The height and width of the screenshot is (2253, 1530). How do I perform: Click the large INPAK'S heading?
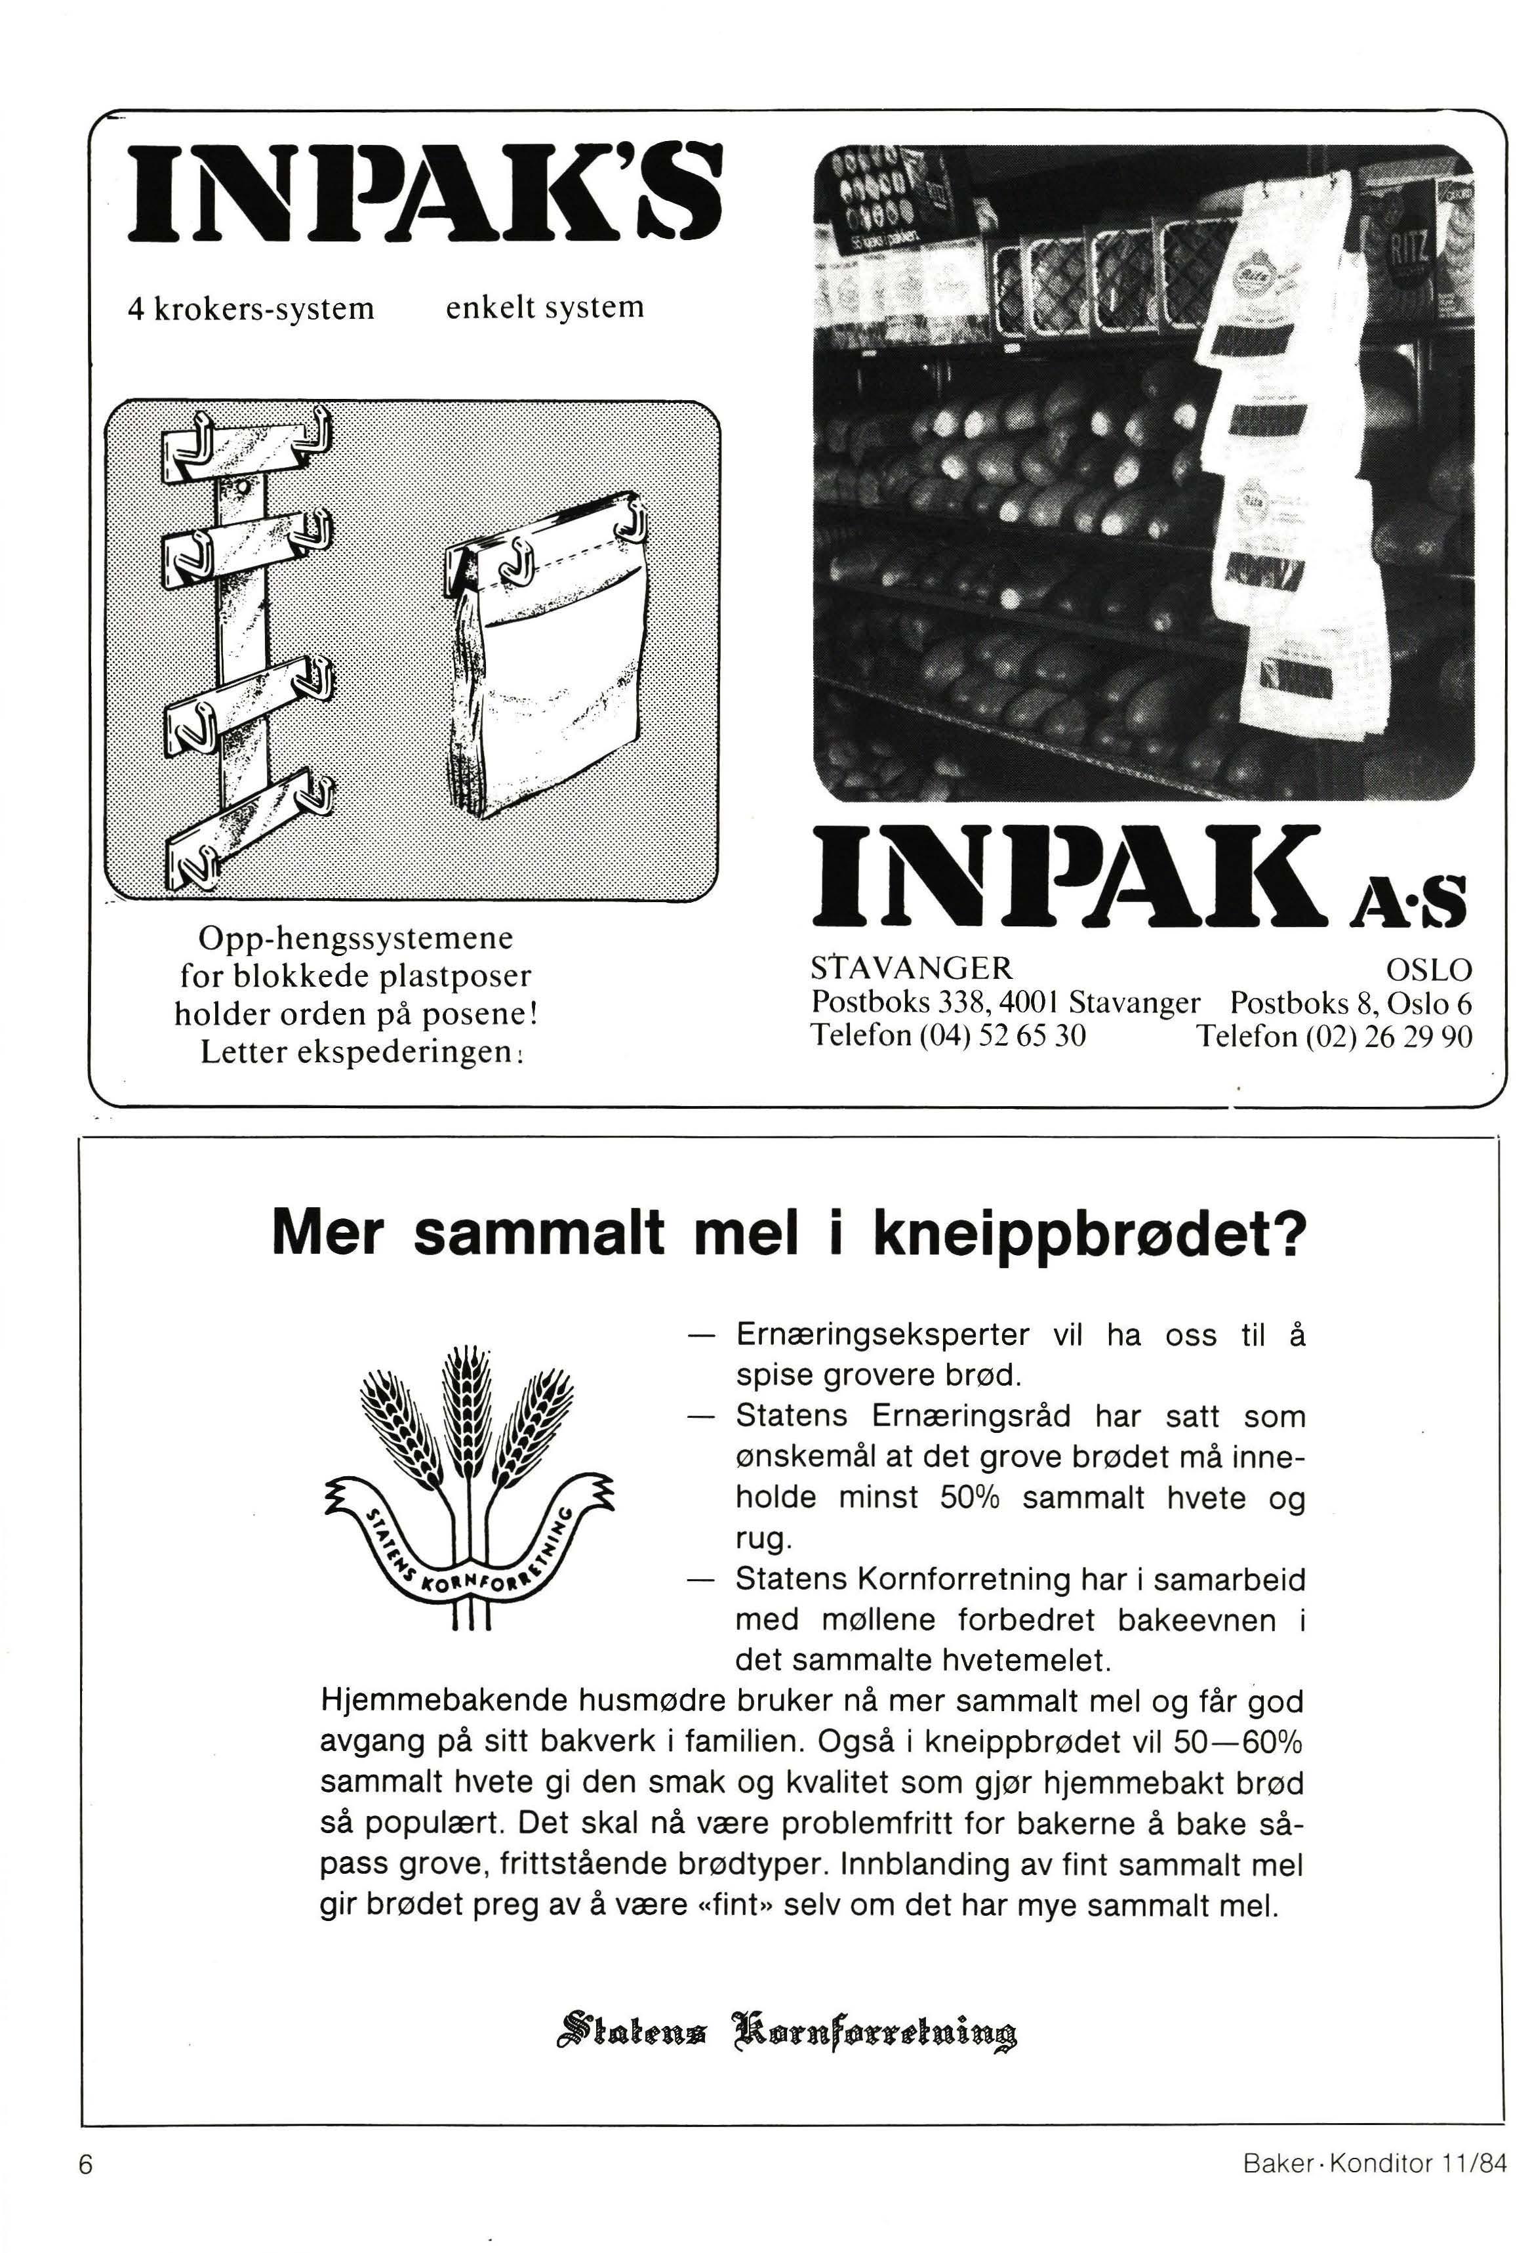point(426,194)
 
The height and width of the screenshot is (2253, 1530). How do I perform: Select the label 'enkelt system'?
point(544,307)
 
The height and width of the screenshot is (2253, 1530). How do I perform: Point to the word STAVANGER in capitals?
point(911,968)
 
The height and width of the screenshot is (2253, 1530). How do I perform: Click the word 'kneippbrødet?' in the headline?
point(1089,1234)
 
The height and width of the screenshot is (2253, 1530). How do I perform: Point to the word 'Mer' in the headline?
point(327,1234)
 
